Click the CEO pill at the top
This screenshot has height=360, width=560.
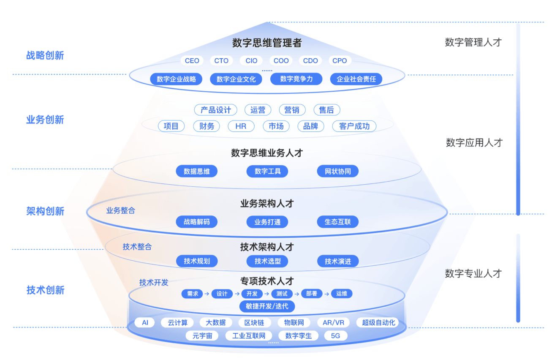(192, 61)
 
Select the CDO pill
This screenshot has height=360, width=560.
(310, 61)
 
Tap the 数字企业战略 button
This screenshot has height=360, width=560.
(176, 79)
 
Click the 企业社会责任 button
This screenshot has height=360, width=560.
(356, 79)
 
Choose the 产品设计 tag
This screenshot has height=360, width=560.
(216, 110)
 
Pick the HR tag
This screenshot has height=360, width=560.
(241, 126)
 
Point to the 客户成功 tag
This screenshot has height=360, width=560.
(354, 126)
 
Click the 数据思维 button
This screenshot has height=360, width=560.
(197, 171)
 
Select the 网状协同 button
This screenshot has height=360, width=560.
(338, 171)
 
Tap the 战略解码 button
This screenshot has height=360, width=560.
(197, 222)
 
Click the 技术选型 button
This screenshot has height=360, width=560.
(267, 261)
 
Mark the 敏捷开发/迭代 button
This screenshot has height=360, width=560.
(267, 306)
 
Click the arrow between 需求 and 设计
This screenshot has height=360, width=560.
(207, 294)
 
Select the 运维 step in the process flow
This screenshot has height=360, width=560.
(342, 294)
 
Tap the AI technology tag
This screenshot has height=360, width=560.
(145, 322)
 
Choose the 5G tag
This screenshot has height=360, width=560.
(336, 336)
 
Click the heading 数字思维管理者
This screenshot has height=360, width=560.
(267, 43)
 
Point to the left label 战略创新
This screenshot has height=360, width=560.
(45, 55)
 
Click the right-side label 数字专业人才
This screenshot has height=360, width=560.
(473, 273)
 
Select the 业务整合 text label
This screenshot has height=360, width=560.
(121, 210)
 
